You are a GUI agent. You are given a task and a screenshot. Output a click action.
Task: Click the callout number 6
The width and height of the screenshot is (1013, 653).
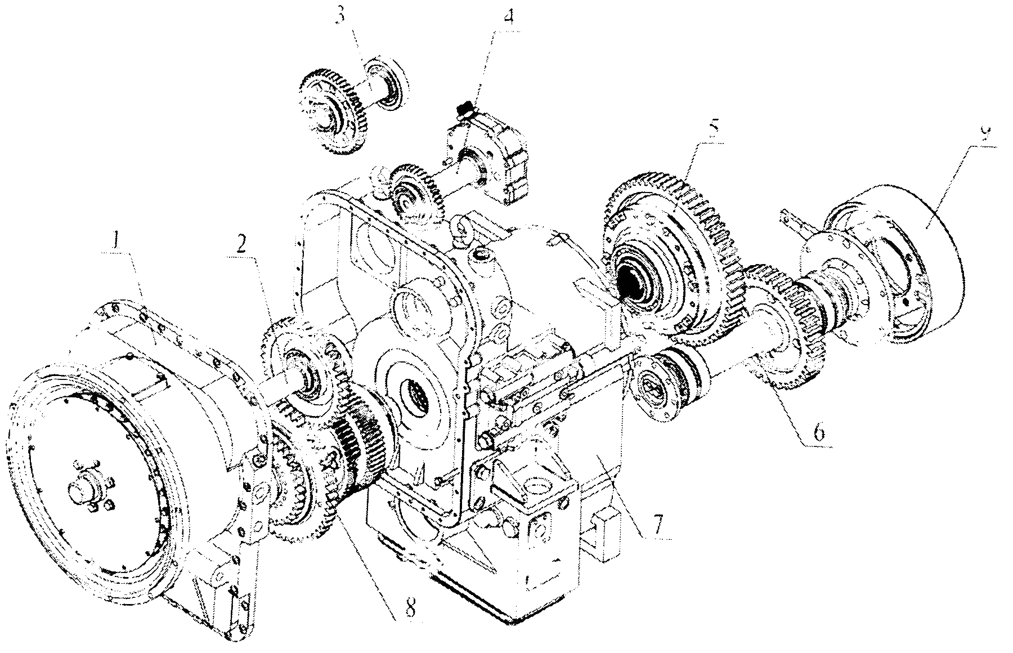tap(819, 432)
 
